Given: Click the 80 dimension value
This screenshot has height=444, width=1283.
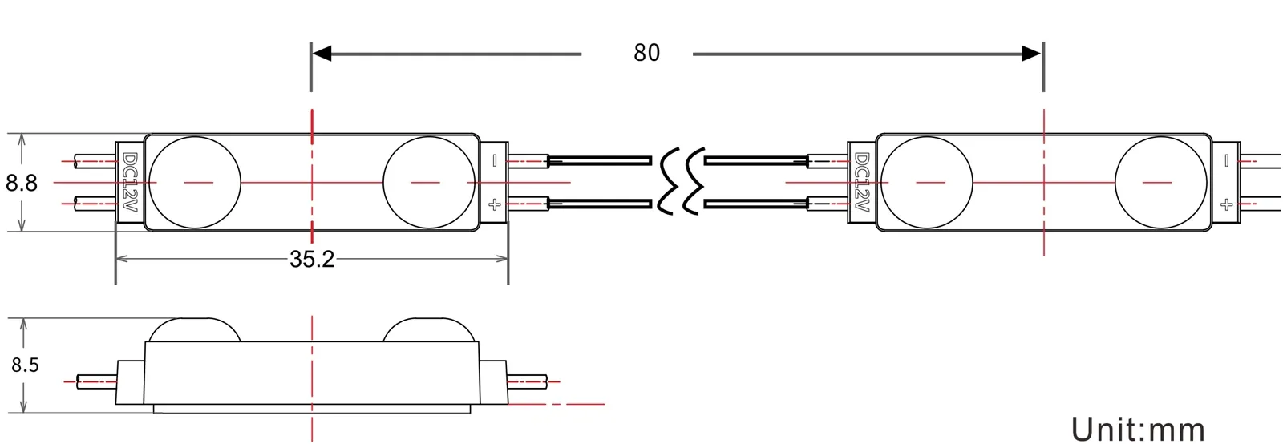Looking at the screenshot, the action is coord(646,53).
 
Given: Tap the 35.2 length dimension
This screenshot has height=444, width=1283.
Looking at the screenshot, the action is coord(312,259).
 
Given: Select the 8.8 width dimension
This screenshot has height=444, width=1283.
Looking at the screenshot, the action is coord(21,183).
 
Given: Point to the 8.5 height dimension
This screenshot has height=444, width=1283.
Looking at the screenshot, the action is coord(25,365).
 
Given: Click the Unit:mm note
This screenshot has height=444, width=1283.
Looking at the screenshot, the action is coord(1138,429).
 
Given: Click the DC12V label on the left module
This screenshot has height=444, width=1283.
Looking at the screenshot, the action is coord(130,183).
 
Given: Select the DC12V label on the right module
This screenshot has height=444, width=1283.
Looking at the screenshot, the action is coord(862,183).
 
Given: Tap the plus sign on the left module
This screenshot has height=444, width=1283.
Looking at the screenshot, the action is coord(494,204).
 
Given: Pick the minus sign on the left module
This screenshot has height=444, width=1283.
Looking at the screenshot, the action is coord(494,161).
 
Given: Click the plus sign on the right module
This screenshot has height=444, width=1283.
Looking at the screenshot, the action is coord(1226,204).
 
